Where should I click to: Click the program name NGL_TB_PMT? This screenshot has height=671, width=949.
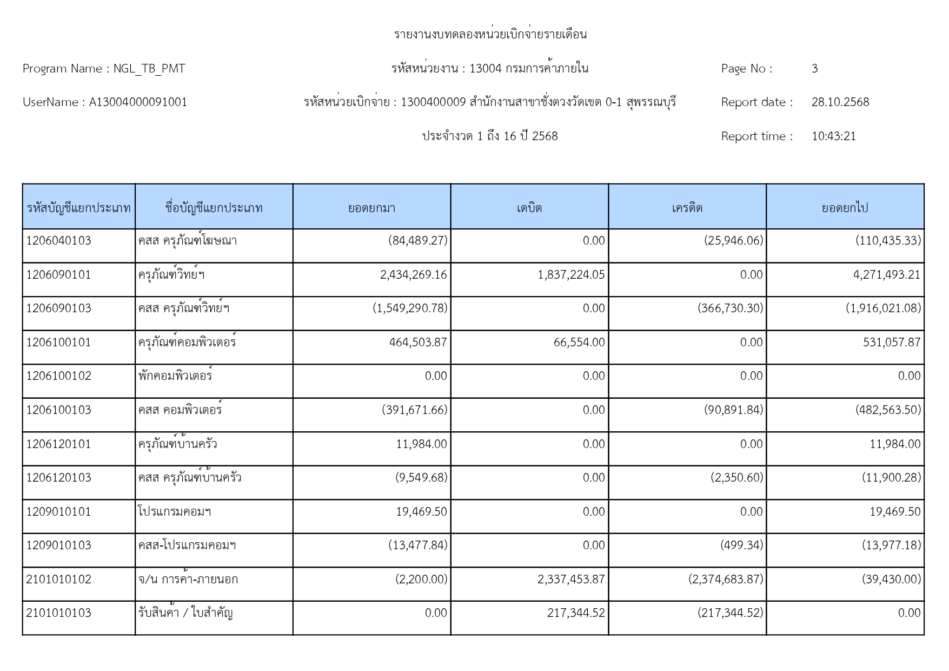point(149,69)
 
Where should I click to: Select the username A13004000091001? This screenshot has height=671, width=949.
point(138,102)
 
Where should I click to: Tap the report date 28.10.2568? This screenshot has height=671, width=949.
point(840,102)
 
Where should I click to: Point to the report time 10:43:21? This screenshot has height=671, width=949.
point(833,136)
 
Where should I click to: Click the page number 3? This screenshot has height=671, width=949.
point(814,69)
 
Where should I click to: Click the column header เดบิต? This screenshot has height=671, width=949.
point(529,208)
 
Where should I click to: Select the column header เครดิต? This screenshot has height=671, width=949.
point(687,208)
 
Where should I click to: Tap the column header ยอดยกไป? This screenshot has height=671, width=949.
point(845,208)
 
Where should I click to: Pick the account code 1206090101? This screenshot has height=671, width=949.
point(58,275)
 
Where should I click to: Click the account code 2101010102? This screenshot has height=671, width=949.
point(58,580)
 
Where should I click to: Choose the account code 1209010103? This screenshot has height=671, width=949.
point(58,545)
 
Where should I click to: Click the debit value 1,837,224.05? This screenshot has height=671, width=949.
point(571,275)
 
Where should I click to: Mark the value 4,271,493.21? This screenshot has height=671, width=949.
point(886,275)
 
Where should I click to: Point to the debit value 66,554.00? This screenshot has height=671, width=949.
point(579,343)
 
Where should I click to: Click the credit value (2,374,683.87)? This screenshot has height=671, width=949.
point(726,580)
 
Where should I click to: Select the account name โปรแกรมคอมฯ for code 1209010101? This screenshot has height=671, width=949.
point(174,512)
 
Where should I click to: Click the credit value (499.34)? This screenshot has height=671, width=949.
point(741,545)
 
